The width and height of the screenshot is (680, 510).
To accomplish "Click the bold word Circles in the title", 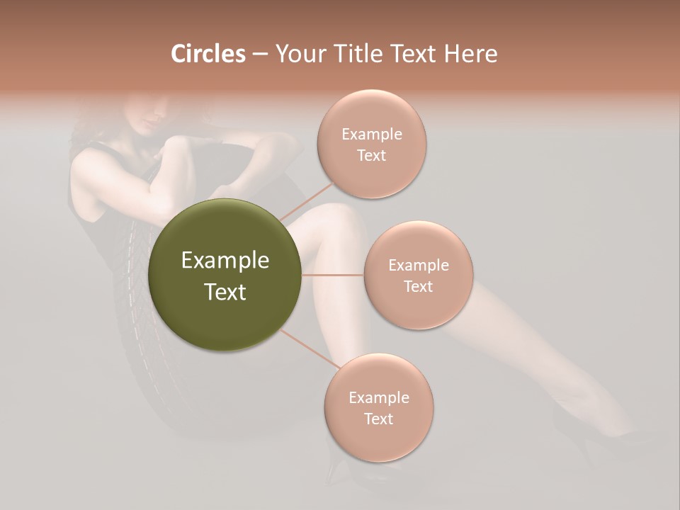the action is pos(208,53).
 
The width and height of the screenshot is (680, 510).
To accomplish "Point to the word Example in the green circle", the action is pos(225,261).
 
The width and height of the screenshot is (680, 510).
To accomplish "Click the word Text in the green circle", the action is pos(225,292).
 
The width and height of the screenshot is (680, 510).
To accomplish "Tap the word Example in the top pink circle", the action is pos(372,135).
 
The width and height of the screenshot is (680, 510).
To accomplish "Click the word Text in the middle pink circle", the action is pos(418,287).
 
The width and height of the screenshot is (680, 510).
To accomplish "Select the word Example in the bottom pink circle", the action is pos(379,398).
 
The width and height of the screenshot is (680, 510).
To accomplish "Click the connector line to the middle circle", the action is pos(333,274).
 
